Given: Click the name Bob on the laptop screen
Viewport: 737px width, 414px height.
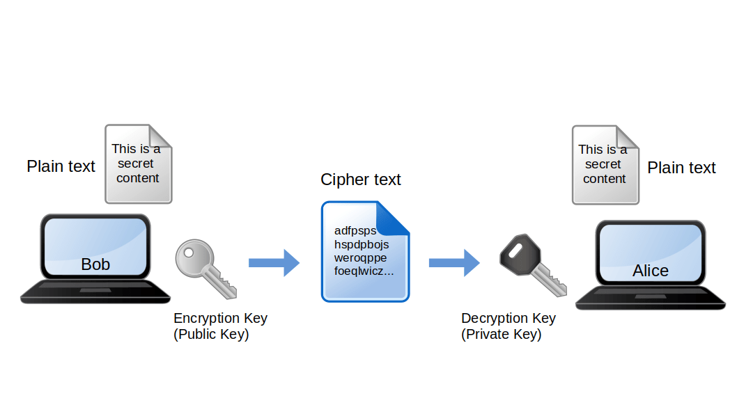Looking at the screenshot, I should click(95, 264).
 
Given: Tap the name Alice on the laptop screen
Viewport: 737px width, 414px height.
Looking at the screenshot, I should click(650, 271).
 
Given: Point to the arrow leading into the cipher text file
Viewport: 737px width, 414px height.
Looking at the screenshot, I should click(274, 262).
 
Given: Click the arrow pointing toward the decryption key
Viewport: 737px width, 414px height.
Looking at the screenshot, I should click(453, 262).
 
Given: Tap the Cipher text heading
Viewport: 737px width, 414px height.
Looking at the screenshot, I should click(360, 180).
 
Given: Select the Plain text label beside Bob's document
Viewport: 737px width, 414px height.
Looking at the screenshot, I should click(61, 166).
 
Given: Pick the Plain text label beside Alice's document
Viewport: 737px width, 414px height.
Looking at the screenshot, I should click(681, 168).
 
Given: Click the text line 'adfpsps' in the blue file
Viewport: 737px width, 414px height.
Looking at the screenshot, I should click(355, 230).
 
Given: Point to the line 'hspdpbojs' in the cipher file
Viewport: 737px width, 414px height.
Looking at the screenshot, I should click(361, 244).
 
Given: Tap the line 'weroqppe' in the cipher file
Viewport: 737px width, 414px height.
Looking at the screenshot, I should click(359, 257).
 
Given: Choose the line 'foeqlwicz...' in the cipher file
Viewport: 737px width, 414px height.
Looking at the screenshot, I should click(364, 271).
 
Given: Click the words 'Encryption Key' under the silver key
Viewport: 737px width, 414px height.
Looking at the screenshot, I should click(220, 318).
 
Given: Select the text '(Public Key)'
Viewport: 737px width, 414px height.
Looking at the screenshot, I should click(210, 334).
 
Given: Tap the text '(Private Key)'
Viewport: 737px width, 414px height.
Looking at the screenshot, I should click(501, 334).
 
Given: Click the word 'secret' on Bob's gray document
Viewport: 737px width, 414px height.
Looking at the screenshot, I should click(135, 164).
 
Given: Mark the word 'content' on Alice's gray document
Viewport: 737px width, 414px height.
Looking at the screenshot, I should click(604, 179).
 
